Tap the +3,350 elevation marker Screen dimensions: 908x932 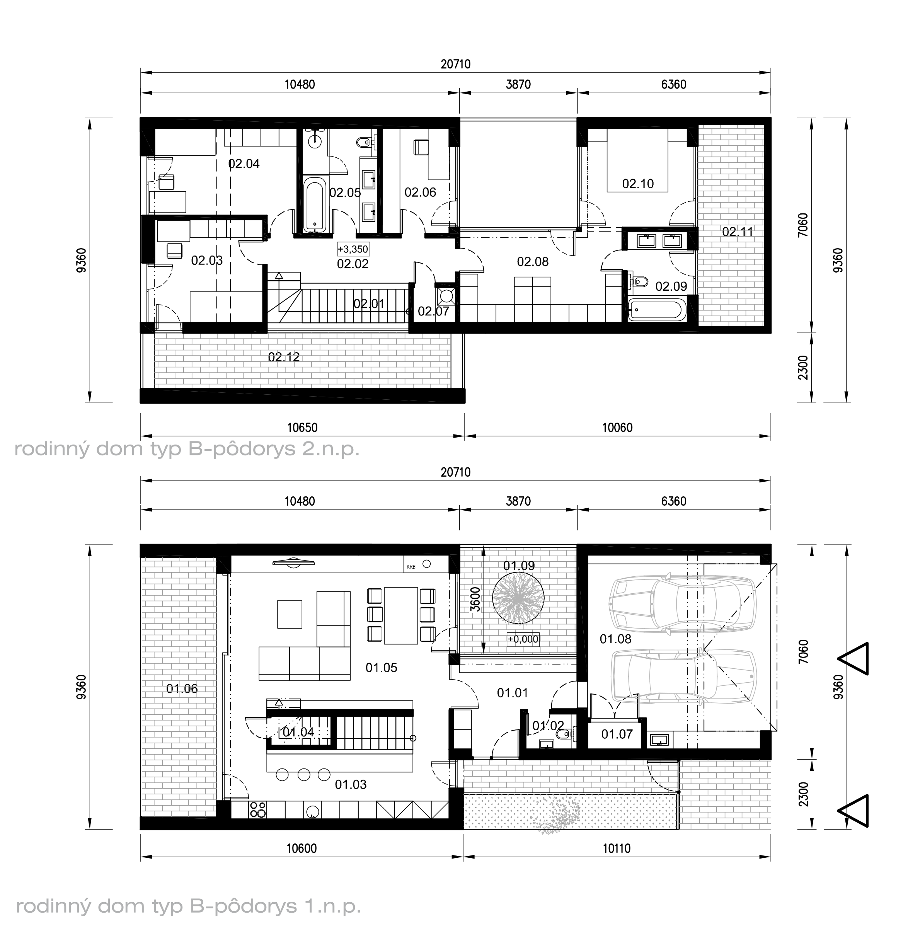pos(353,249)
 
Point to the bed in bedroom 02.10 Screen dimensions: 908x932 pos(637,160)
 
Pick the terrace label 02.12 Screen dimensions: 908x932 pos(284,357)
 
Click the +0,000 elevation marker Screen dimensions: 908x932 pos(523,639)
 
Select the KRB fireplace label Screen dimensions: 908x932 pos(411,567)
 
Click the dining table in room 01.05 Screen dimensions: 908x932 pos(401,616)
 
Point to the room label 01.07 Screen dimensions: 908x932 pos(617,734)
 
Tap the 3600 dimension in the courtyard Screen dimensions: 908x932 pos(475,599)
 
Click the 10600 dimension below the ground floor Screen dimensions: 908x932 pos(302,849)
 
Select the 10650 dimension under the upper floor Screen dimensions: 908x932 pos(302,428)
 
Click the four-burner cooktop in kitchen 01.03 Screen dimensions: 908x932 pos(258,809)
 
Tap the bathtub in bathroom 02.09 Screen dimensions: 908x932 pos(657,309)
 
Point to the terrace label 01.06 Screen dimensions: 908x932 pos(182,689)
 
